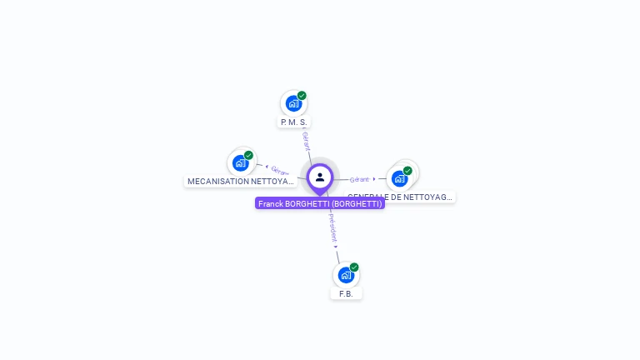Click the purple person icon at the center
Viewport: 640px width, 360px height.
[320, 177]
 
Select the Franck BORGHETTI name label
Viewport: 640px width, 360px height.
[320, 203]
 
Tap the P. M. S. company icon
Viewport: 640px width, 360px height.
[292, 103]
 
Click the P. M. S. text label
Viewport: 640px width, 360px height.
[294, 122]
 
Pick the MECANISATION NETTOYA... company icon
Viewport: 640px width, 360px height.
[240, 162]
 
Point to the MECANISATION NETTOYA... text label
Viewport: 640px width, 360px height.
[240, 181]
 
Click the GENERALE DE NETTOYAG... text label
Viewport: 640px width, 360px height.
[401, 197]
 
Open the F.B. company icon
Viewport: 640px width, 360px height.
[346, 275]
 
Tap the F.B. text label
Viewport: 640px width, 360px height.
[347, 294]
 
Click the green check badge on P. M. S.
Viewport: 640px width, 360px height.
[302, 96]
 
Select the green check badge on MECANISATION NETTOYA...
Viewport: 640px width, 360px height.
[248, 155]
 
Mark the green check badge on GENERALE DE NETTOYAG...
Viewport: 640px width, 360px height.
[407, 171]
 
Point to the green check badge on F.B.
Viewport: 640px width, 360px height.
[354, 267]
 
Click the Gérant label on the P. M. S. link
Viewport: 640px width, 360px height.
[306, 140]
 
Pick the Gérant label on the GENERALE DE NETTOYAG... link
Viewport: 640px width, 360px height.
[359, 179]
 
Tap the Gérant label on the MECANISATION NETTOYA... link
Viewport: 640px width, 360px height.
[280, 171]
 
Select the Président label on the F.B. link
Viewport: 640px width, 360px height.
[332, 226]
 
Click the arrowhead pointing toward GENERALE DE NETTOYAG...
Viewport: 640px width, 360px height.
[374, 178]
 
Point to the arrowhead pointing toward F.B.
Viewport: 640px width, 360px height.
[336, 247]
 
